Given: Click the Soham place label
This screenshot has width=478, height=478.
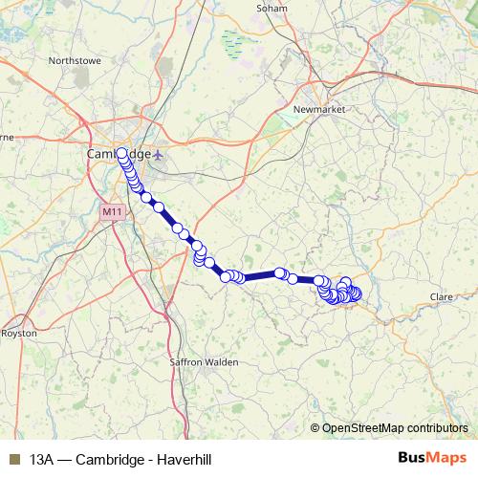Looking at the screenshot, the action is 272,8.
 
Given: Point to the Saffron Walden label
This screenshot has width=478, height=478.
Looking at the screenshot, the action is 205,363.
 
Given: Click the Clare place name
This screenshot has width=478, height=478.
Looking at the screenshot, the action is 441,297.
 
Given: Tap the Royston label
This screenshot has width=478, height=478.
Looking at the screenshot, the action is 18,334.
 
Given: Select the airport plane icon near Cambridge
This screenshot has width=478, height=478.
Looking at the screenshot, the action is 159,154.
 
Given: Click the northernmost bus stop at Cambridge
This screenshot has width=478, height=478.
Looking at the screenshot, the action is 121,152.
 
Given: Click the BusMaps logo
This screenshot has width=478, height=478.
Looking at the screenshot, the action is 433,458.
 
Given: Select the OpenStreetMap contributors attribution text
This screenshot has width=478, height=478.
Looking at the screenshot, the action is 396,428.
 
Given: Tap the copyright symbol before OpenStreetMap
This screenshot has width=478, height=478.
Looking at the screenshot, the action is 315,428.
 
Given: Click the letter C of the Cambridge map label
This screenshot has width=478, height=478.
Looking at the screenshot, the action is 91,154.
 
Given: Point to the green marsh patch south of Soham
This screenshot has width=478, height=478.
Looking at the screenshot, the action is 232,41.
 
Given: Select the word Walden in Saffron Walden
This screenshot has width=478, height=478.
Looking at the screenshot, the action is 222,363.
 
